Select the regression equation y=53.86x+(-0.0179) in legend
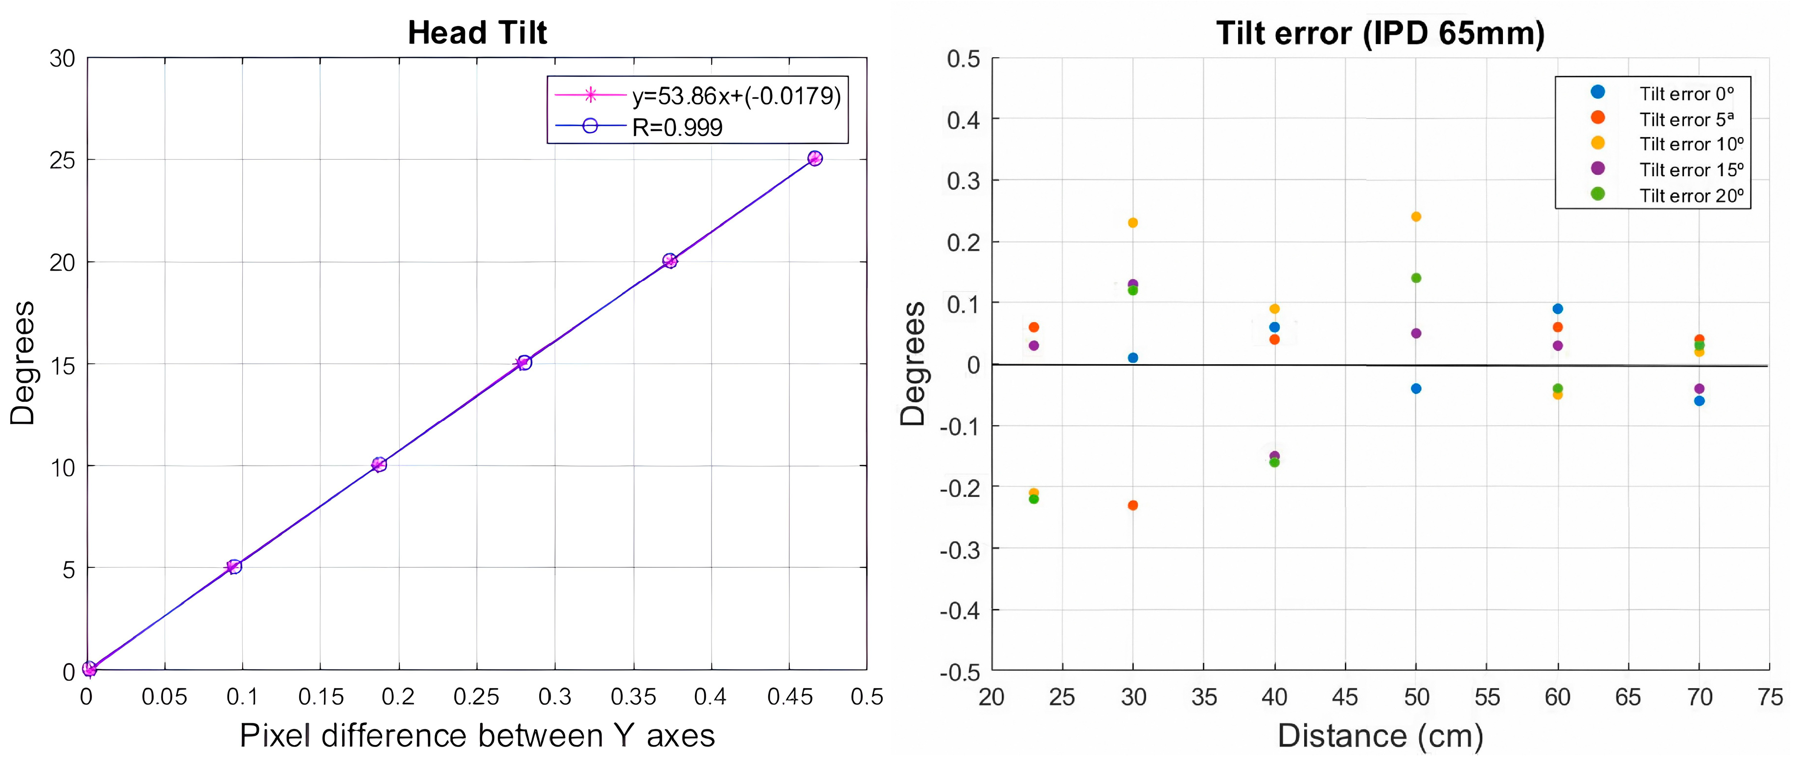click(736, 95)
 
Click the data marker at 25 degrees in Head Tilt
click(814, 158)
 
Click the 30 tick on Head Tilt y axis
click(63, 59)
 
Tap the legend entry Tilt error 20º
click(1691, 196)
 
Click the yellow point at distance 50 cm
click(1416, 217)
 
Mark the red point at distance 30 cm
click(1133, 505)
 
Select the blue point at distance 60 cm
click(1558, 309)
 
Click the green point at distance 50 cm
click(1416, 278)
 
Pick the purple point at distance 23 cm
click(1034, 346)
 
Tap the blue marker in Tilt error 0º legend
click(1598, 92)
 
